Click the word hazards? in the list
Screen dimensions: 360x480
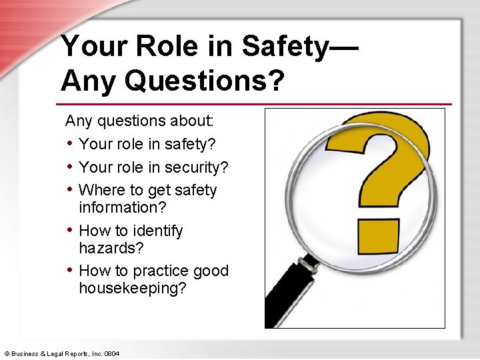(x=111, y=248)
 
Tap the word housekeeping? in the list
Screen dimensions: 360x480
(x=133, y=289)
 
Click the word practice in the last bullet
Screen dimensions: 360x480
(x=163, y=271)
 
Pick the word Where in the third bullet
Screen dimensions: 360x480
(x=101, y=190)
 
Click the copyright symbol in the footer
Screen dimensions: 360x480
(x=6, y=352)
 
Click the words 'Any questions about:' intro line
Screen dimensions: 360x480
(x=139, y=121)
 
